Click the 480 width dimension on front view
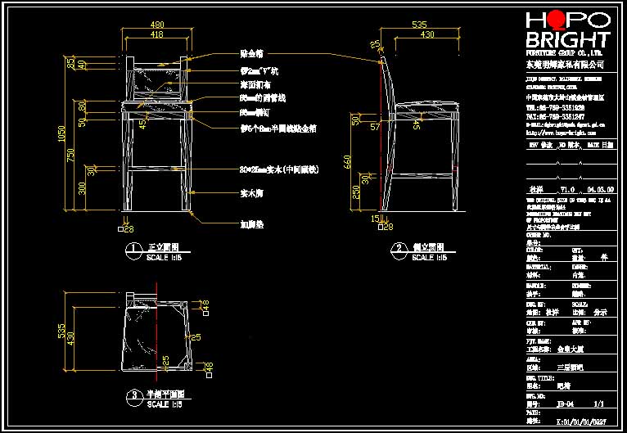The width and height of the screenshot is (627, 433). pos(156,24)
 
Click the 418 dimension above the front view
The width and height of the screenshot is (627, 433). pos(156,35)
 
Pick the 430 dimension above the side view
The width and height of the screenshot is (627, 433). pos(426,35)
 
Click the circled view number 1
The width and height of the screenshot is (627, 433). pos(129,247)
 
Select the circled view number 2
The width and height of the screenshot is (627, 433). pos(398,247)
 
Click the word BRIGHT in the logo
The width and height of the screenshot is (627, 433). pos(567,41)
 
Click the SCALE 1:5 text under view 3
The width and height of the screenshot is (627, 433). pos(165,404)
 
